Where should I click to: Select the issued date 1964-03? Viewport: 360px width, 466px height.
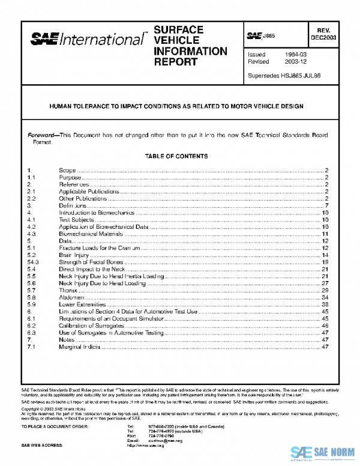293,54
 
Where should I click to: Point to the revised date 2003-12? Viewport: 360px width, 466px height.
293,62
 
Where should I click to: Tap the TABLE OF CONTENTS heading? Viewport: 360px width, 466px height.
176,156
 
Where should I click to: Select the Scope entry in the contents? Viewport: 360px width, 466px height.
67,171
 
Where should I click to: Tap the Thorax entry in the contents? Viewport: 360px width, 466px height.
68,290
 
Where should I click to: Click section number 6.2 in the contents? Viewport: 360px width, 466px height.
32,325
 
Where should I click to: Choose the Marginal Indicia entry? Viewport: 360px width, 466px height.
79,347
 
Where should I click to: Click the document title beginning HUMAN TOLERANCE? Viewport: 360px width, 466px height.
176,106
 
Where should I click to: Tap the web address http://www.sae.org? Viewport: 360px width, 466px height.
146,447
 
